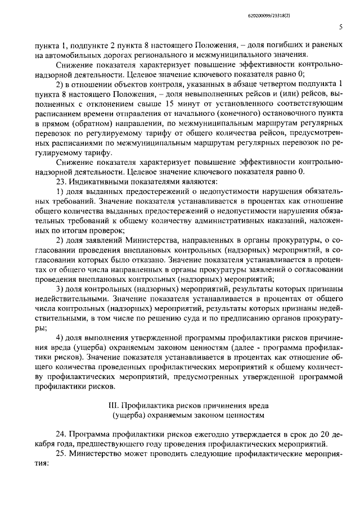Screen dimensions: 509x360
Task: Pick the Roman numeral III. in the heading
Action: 114,405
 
